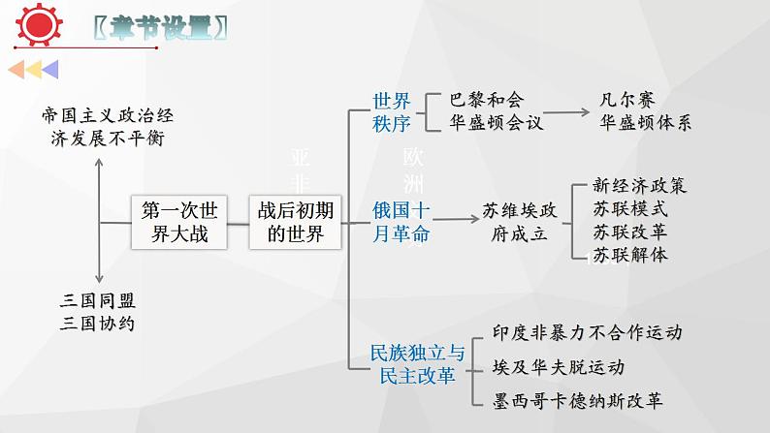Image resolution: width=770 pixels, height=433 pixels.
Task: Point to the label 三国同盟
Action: coord(97,301)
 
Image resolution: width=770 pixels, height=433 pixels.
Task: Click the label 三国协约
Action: coord(97,324)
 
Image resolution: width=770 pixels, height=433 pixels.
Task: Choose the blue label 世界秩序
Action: coord(392,111)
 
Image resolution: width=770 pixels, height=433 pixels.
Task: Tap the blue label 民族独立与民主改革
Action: coord(418,364)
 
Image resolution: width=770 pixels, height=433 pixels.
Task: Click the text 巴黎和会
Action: coord(486,101)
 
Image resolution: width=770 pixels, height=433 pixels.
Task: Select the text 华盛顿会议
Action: coord(497,123)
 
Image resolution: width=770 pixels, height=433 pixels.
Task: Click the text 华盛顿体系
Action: coord(646,123)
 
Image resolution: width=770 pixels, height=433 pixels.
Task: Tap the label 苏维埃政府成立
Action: coord(520,222)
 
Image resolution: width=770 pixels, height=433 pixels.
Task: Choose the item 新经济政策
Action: coord(639,186)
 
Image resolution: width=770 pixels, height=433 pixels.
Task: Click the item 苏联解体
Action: coord(630,256)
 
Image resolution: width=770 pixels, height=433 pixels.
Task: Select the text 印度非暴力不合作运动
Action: coord(587,333)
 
